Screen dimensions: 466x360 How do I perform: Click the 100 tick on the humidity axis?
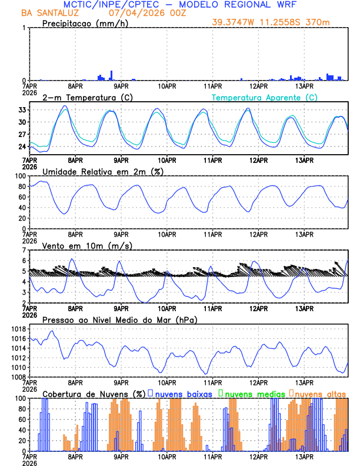click(x=19, y=176)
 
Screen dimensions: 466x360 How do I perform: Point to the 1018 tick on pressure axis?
click(x=16, y=329)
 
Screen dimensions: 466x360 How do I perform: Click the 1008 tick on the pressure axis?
click(x=16, y=377)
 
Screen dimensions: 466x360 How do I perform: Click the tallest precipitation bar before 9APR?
click(x=111, y=75)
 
